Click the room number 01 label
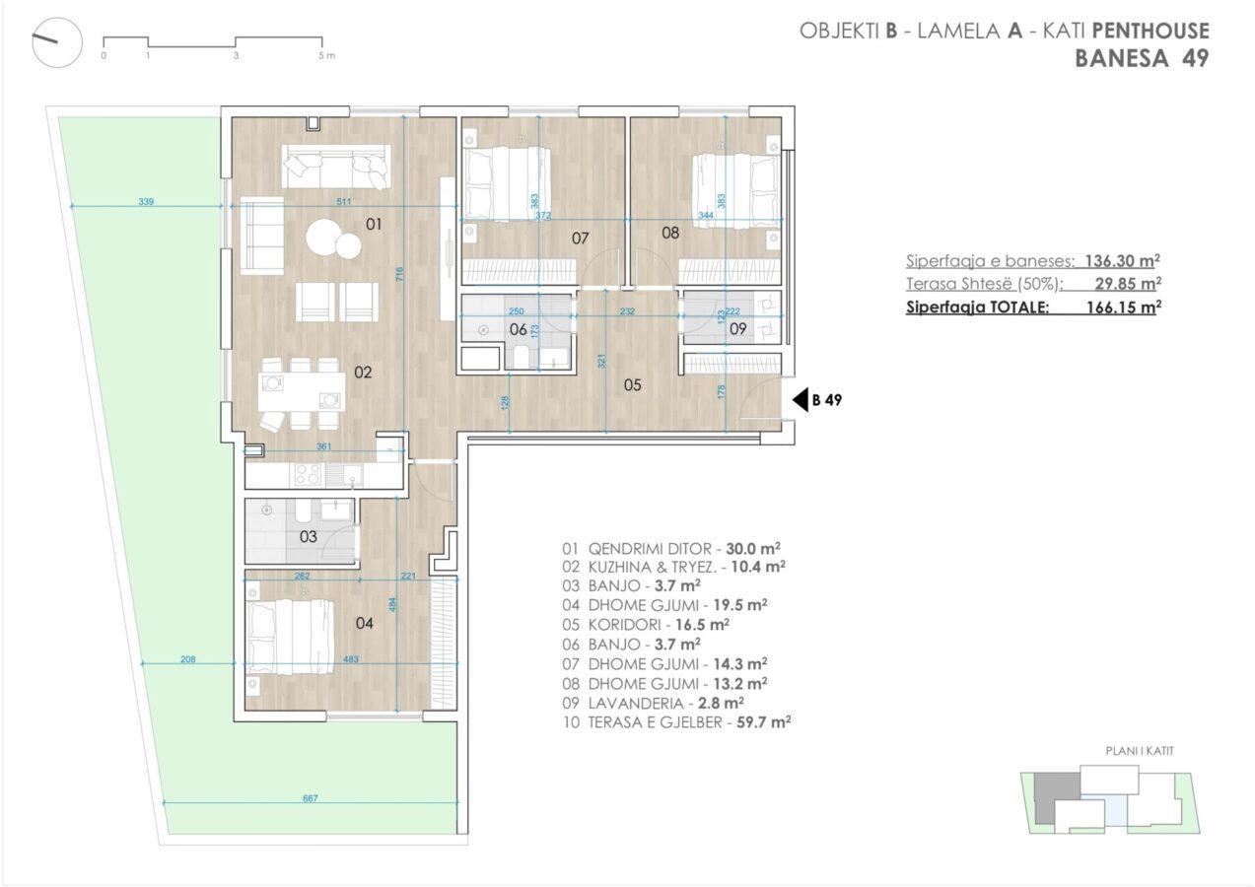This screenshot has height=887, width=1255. pyautogui.click(x=374, y=225)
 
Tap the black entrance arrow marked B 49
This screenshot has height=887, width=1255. pyautogui.click(x=801, y=400)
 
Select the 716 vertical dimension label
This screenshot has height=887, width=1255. pyautogui.click(x=399, y=274)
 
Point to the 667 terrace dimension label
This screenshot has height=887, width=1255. pyautogui.click(x=311, y=798)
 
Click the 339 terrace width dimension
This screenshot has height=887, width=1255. pyautogui.click(x=146, y=202)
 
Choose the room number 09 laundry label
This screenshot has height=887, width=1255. pyautogui.click(x=737, y=329)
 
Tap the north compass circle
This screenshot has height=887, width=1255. pyautogui.click(x=57, y=42)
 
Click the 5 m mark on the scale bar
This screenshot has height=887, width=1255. pyautogui.click(x=326, y=55)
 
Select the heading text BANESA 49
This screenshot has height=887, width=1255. pyautogui.click(x=1142, y=58)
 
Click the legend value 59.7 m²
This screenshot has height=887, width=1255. pyautogui.click(x=764, y=722)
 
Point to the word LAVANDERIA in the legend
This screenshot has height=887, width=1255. pyautogui.click(x=636, y=704)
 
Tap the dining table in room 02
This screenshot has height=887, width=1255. pyautogui.click(x=302, y=391)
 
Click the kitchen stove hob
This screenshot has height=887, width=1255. pyautogui.click(x=308, y=474)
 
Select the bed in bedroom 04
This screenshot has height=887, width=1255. pyautogui.click(x=290, y=638)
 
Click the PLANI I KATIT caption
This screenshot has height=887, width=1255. pyautogui.click(x=1140, y=751)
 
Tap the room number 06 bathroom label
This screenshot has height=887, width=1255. pyautogui.click(x=519, y=329)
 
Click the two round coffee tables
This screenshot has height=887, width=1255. pyautogui.click(x=334, y=239)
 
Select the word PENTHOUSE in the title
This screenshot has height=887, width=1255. pyautogui.click(x=1150, y=31)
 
